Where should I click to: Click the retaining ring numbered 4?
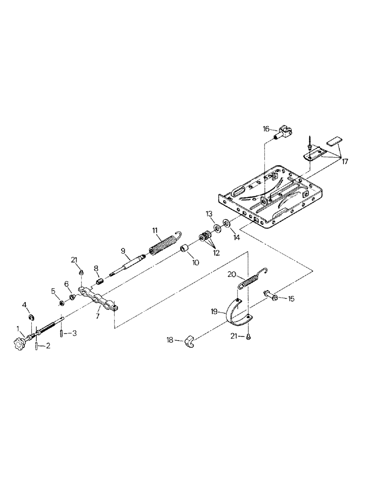coord(31,317)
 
